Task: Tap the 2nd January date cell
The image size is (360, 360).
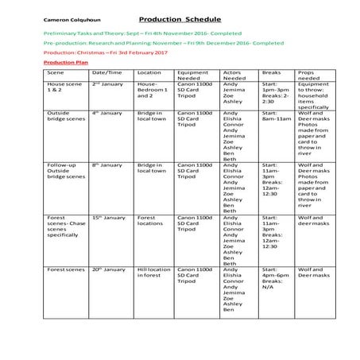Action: pos(106,83)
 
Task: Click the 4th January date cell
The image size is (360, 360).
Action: pos(106,114)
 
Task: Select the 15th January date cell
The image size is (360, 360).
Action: pos(107,217)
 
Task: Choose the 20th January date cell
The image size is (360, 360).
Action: pos(107,269)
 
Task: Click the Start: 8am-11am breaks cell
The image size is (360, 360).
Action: pos(274,117)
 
